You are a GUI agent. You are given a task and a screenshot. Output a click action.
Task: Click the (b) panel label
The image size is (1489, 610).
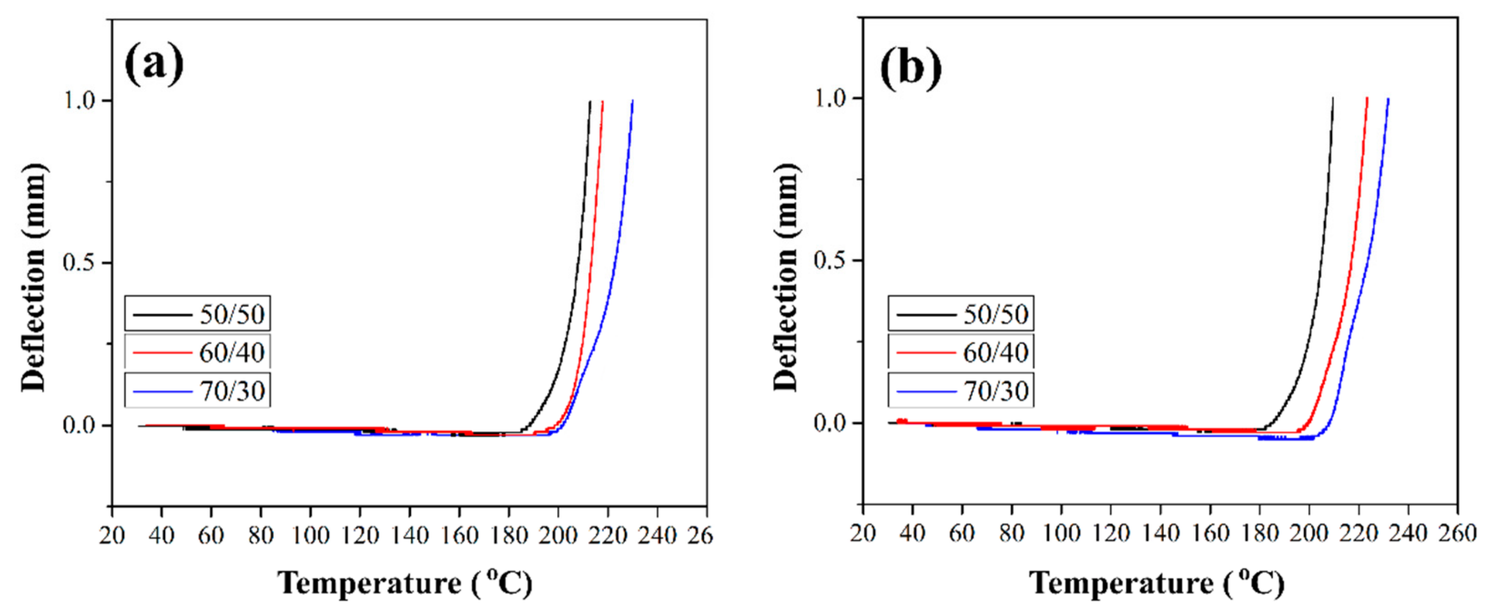[x=910, y=68]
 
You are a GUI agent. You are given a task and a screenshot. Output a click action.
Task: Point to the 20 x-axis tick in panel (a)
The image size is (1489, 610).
[x=112, y=535]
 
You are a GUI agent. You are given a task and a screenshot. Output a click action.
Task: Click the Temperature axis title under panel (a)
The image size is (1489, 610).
[x=404, y=583]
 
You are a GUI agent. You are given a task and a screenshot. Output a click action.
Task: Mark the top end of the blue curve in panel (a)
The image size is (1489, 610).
[x=632, y=102]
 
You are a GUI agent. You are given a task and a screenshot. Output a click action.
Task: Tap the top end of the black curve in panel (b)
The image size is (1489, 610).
[x=1332, y=99]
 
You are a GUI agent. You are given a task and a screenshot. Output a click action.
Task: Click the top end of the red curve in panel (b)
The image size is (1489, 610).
[x=1367, y=99]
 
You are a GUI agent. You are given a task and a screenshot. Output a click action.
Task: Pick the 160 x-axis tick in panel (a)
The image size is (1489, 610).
[x=459, y=535]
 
